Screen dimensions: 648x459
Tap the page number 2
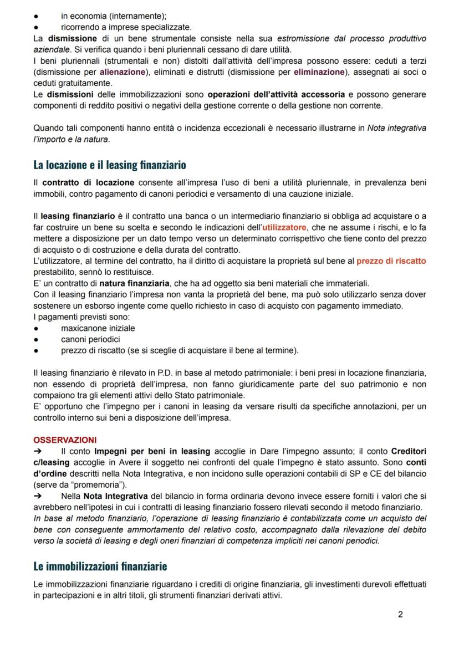tap(401, 615)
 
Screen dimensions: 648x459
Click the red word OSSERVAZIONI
tap(65, 440)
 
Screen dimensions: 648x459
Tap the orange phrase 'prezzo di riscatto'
tap(391, 261)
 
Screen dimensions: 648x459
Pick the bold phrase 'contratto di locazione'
tap(88, 182)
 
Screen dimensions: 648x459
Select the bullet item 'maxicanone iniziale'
tap(98, 328)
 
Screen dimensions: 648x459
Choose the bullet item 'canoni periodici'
tap(90, 339)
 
